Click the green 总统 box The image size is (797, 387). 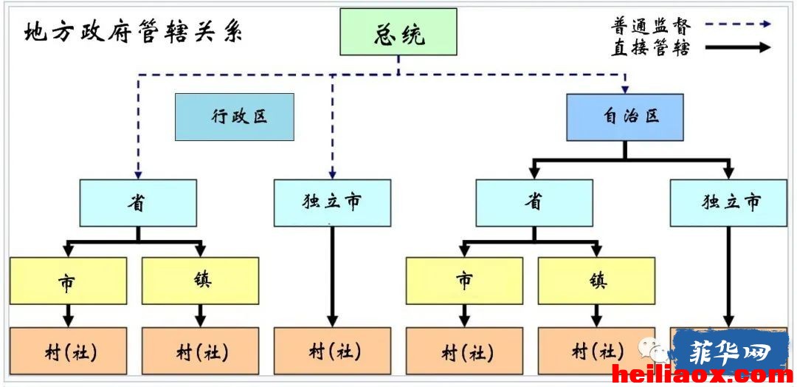pos(398,32)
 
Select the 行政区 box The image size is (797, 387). pos(235,117)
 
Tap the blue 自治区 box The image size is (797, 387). pos(625,117)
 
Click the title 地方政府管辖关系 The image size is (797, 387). pos(134,33)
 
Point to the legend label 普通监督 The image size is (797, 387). pos(650,24)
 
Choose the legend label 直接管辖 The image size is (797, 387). pos(650,47)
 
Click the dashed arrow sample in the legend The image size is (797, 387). pos(734,24)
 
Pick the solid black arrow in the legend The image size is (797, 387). pos(734,47)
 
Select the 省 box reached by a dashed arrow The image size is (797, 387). pos(138,203)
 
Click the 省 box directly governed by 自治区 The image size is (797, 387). pos(534,203)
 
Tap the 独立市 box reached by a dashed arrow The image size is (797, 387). pos(332,203)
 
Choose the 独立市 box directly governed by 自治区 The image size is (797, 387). pos(728,203)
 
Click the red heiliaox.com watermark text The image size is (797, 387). pos(702,375)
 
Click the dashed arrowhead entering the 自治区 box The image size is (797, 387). pos(625,89)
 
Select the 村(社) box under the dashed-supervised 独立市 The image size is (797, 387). pos(332,351)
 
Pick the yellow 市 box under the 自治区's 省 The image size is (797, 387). pos(464,281)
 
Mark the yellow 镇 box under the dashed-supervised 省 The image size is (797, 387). pos(200,281)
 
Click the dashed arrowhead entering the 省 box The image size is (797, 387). pos(138,176)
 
